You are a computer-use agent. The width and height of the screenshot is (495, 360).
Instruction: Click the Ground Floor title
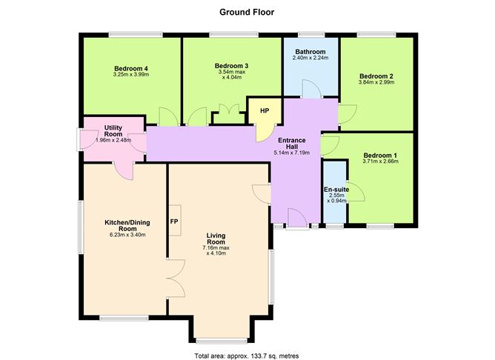point(247,13)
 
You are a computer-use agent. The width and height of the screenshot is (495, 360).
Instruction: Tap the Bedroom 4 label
point(131,68)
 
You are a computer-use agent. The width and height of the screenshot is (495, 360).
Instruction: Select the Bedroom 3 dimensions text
point(232,75)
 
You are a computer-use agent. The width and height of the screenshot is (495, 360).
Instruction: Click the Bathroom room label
point(310,51)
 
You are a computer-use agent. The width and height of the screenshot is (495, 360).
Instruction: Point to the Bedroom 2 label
point(376,76)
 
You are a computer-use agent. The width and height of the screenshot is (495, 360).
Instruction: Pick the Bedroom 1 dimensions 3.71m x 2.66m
point(380,161)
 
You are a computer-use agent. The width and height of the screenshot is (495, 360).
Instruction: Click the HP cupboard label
point(265,111)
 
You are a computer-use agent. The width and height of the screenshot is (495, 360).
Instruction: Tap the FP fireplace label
point(174,221)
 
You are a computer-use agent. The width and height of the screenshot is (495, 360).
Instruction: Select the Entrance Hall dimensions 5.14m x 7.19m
point(292,153)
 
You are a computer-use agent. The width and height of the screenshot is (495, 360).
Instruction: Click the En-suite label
point(336,190)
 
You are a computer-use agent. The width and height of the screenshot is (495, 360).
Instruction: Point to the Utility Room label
point(113,130)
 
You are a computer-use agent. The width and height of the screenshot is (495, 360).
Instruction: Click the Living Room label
point(216,239)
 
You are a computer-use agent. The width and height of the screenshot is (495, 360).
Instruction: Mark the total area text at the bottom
point(247,356)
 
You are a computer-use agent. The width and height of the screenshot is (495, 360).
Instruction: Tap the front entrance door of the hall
point(297,218)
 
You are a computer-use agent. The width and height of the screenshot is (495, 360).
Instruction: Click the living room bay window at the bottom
point(222,341)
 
